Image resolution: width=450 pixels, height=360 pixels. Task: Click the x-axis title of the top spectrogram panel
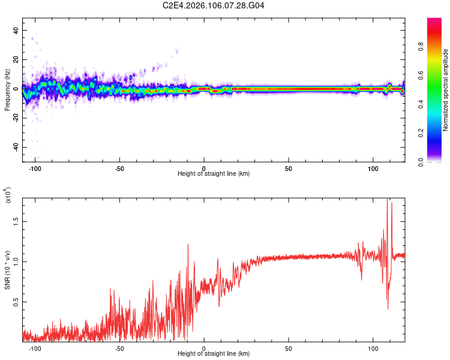(x=213, y=174)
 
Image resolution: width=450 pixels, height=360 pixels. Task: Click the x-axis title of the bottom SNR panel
(x=213, y=354)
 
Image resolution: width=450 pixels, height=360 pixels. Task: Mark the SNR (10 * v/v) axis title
(x=7, y=270)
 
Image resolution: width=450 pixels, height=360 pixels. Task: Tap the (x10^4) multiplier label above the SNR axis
(x=7, y=196)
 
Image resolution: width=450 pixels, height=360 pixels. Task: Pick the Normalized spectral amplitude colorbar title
(x=446, y=90)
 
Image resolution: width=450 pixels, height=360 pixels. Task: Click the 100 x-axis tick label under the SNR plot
(x=373, y=348)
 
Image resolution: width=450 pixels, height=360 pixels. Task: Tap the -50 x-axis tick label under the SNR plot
(x=119, y=348)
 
